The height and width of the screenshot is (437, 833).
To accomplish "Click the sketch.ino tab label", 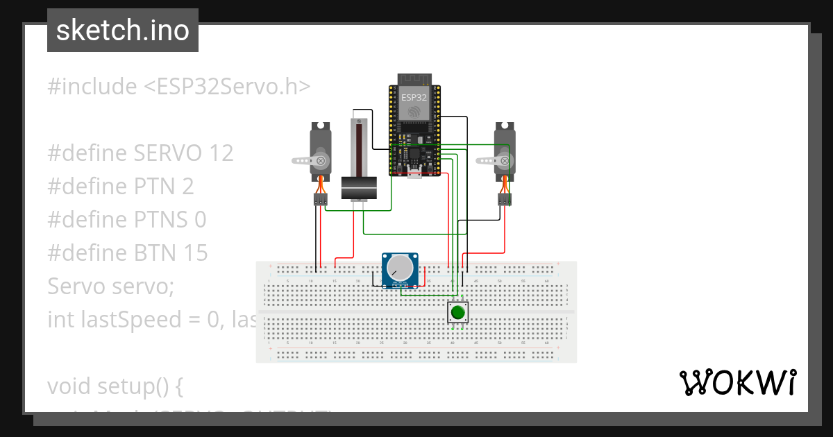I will point(123,31).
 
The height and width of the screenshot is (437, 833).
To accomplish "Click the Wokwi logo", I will point(737,382).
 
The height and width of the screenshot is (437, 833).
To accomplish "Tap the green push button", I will point(457,312).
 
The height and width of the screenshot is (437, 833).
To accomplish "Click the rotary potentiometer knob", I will point(401,268).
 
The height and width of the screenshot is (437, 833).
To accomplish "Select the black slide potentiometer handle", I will point(359,188).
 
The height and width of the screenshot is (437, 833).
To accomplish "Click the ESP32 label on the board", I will point(414,98).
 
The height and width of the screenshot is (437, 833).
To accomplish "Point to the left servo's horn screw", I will point(321,161).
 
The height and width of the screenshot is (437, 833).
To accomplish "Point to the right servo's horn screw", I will point(505,161).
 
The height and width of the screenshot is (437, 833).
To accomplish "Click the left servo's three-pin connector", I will point(320,200).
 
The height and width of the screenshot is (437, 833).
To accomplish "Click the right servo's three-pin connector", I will point(505,200).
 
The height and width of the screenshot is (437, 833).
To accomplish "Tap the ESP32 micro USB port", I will point(414,173).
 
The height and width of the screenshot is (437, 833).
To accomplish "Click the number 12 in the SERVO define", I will point(221,153).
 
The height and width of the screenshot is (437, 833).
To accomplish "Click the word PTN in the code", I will point(155,187).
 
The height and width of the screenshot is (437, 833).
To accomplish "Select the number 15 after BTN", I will point(195,253).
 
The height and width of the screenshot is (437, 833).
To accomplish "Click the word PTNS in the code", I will point(162,220).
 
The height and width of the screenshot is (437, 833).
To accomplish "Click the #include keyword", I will point(92,87).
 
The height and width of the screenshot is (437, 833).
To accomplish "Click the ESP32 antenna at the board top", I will point(414,78).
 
